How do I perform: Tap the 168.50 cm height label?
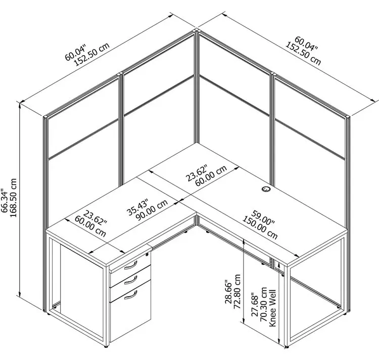13,198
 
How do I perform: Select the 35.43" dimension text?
137,207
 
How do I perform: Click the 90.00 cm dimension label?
152,210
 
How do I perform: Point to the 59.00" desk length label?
263,217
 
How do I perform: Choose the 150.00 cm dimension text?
260,228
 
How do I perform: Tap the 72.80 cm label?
237,291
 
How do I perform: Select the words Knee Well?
272,308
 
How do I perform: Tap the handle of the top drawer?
130,265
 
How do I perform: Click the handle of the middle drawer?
130,280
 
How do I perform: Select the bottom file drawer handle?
130,295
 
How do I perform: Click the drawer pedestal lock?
147,254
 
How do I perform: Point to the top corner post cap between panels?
196,30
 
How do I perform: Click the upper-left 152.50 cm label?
91,55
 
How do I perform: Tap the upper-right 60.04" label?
306,44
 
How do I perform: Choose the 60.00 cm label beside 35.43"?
90,227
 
